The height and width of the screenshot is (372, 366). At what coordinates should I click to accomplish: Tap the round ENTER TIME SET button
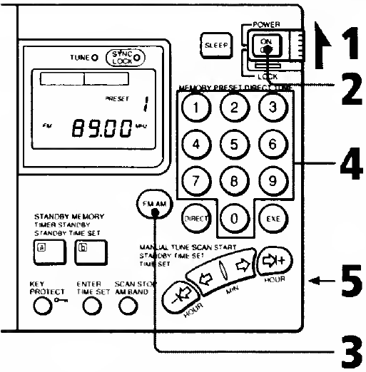click(x=90, y=306)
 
